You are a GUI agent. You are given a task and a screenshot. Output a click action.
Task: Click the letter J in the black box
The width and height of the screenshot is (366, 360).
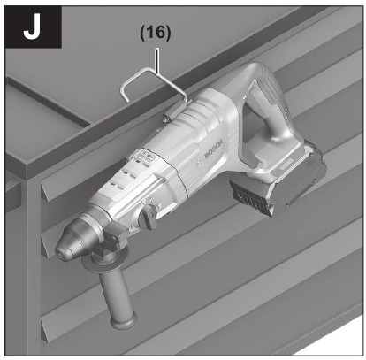click(32, 27)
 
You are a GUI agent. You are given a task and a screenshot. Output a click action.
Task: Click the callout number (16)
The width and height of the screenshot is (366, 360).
click(156, 33)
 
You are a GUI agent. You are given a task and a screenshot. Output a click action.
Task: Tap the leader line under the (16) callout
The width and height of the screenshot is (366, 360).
click(157, 61)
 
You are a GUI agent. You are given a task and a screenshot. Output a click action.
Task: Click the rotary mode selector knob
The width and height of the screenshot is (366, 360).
click(148, 217)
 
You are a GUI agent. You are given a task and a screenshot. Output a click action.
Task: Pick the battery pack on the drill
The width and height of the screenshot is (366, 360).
click(277, 183)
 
